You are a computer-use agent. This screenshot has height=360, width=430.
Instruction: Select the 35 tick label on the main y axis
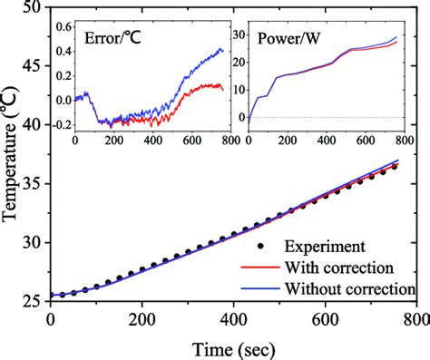pos(33,184)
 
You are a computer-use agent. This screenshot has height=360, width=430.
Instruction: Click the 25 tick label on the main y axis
pos(33,301)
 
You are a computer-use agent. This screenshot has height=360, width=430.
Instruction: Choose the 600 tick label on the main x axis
pos(324,321)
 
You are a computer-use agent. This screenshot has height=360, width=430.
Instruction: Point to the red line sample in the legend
pos(261,268)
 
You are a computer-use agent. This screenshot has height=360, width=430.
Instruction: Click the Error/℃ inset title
pos(112,39)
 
